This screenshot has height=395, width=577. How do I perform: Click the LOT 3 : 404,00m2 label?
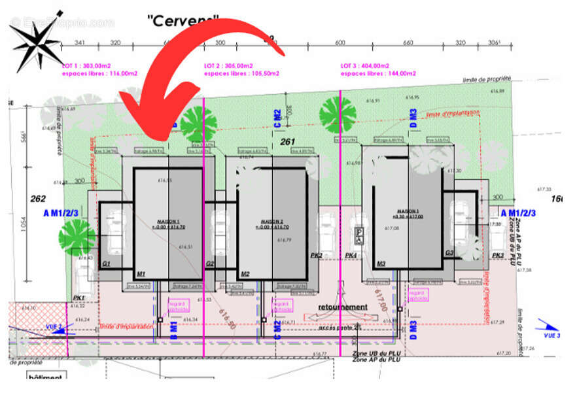(364, 66)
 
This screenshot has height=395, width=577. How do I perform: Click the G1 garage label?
(107, 264)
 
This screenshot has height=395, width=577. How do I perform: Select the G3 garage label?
(449, 253)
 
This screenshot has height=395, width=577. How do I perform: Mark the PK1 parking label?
(79, 297)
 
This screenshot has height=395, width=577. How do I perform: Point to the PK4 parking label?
(351, 255)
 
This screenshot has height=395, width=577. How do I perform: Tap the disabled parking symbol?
(359, 232)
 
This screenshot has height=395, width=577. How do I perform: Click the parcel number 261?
(288, 141)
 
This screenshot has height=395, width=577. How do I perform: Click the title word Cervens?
(183, 20)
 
